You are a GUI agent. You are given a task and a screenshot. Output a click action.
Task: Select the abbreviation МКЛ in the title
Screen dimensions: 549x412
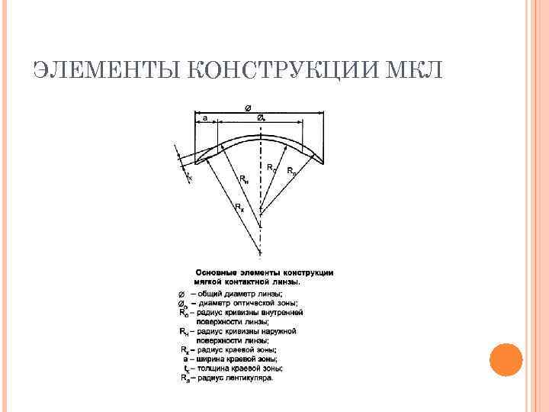(415, 71)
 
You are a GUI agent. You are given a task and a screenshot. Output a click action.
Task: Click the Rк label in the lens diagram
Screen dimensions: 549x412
(239, 207)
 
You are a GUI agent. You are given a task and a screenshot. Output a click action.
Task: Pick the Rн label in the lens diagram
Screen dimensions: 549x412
(243, 180)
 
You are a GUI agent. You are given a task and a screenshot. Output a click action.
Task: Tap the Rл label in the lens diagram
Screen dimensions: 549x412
(291, 171)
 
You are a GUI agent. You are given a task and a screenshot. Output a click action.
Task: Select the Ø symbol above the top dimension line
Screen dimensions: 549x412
(249, 108)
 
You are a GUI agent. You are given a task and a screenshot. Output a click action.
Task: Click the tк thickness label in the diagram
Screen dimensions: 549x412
(188, 177)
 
